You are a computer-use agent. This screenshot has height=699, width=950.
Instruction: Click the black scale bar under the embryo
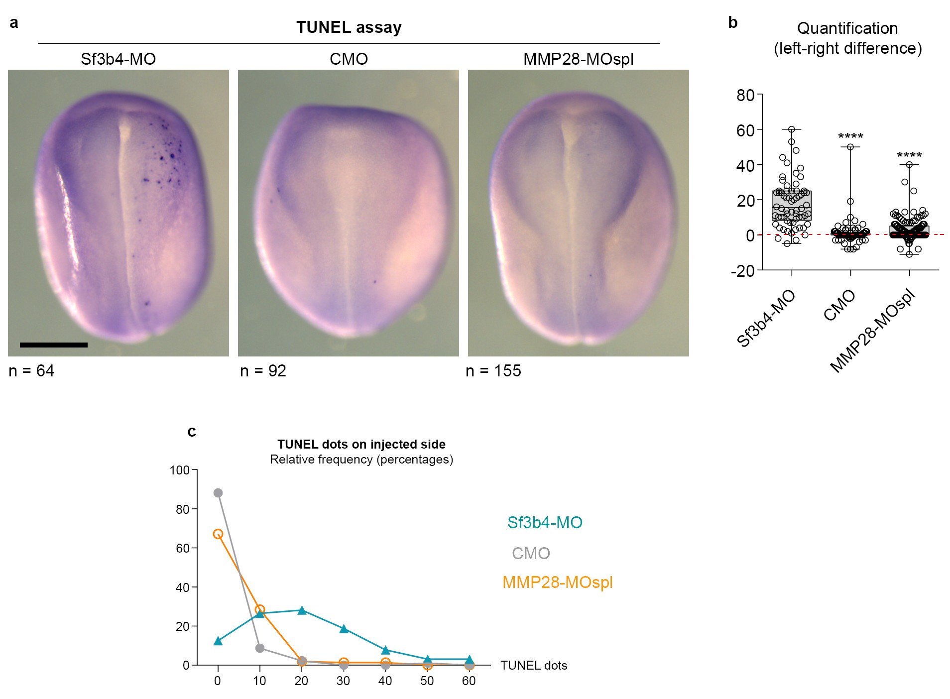[54, 345]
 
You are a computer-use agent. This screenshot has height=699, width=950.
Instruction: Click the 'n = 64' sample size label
[31, 371]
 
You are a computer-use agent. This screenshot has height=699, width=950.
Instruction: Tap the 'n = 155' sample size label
[493, 371]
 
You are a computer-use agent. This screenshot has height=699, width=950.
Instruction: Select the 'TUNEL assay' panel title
[349, 27]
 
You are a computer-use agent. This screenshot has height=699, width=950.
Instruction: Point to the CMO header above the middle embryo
[349, 59]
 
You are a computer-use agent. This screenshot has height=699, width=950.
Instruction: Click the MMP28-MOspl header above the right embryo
[578, 59]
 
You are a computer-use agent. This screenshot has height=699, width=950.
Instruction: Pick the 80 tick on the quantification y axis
[745, 95]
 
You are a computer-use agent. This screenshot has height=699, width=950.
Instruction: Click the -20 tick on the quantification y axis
[742, 271]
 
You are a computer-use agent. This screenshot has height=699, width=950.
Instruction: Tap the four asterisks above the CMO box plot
[850, 136]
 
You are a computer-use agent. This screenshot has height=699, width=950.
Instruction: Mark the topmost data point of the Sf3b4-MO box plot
[792, 129]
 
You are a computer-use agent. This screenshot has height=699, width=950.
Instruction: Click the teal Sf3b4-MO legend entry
[545, 522]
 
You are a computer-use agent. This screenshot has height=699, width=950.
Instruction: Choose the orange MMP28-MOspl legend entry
[557, 582]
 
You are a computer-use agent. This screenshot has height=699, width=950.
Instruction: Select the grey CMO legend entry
[531, 553]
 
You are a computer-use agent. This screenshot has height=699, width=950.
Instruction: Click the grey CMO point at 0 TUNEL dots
[218, 493]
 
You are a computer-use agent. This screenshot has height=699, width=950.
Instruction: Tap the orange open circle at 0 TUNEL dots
[218, 534]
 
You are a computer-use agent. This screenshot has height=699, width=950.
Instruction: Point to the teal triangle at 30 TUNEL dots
[344, 629]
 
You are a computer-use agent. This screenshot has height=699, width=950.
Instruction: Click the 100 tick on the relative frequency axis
[179, 470]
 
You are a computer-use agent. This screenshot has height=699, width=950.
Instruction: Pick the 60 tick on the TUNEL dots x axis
[469, 681]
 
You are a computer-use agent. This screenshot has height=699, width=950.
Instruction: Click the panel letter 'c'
[192, 431]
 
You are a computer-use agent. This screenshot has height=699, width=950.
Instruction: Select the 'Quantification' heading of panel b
[847, 28]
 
